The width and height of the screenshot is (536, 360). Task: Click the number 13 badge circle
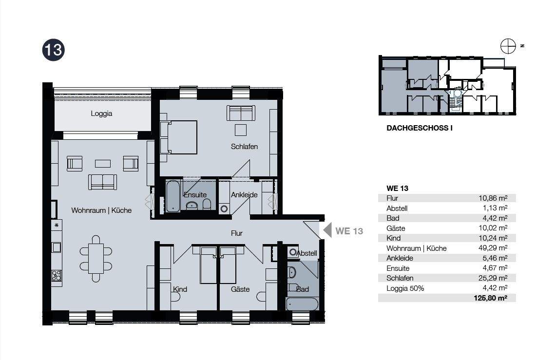point(53,50)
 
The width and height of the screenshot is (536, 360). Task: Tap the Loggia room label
point(101,114)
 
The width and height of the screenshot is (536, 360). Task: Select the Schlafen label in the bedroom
point(244,147)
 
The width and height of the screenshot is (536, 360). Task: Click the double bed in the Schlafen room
point(178,137)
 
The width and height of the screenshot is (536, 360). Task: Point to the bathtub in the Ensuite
point(173,196)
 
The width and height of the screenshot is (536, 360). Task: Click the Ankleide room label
point(244,195)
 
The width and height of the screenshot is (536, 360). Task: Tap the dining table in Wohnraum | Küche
point(96,259)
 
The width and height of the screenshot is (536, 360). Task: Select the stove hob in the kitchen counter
point(57,276)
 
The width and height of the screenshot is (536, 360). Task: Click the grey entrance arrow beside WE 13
point(327,230)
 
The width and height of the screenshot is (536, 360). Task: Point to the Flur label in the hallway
point(236,233)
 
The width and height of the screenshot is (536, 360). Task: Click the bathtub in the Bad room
point(302,303)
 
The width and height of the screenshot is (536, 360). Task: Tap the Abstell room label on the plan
point(306,253)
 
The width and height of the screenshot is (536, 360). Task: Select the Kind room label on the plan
point(180,289)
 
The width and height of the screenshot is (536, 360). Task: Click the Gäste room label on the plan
point(240,289)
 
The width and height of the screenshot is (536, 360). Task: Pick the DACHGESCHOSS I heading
point(420,128)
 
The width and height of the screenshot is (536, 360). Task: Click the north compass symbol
point(508,46)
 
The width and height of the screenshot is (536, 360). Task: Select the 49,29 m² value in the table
point(493,248)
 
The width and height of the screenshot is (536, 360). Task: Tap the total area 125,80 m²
point(491,298)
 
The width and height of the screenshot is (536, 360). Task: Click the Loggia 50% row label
point(405,288)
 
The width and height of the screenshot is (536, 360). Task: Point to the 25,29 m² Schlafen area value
point(493,278)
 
